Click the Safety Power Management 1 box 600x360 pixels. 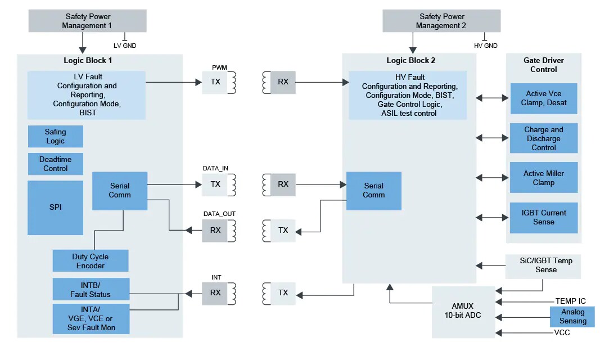click(x=87, y=21)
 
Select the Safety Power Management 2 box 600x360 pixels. click(x=441, y=21)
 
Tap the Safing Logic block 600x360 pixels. click(x=55, y=136)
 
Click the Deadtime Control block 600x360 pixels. click(x=55, y=164)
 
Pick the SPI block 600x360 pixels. click(x=55, y=207)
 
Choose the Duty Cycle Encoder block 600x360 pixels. click(x=91, y=261)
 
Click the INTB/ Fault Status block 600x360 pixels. click(x=91, y=289)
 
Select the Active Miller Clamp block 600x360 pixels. click(x=543, y=178)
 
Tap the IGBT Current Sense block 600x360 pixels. click(x=543, y=217)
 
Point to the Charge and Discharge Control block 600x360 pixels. click(x=543, y=138)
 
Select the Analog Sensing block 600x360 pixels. click(x=572, y=317)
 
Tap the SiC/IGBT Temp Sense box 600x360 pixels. click(x=543, y=265)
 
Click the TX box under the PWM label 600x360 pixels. click(x=215, y=82)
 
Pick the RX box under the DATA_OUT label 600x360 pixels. click(x=215, y=230)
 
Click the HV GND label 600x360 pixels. click(x=486, y=46)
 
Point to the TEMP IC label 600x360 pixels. click(x=570, y=301)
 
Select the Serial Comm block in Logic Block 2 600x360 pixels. click(x=373, y=191)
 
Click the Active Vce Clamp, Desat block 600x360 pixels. click(x=543, y=98)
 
